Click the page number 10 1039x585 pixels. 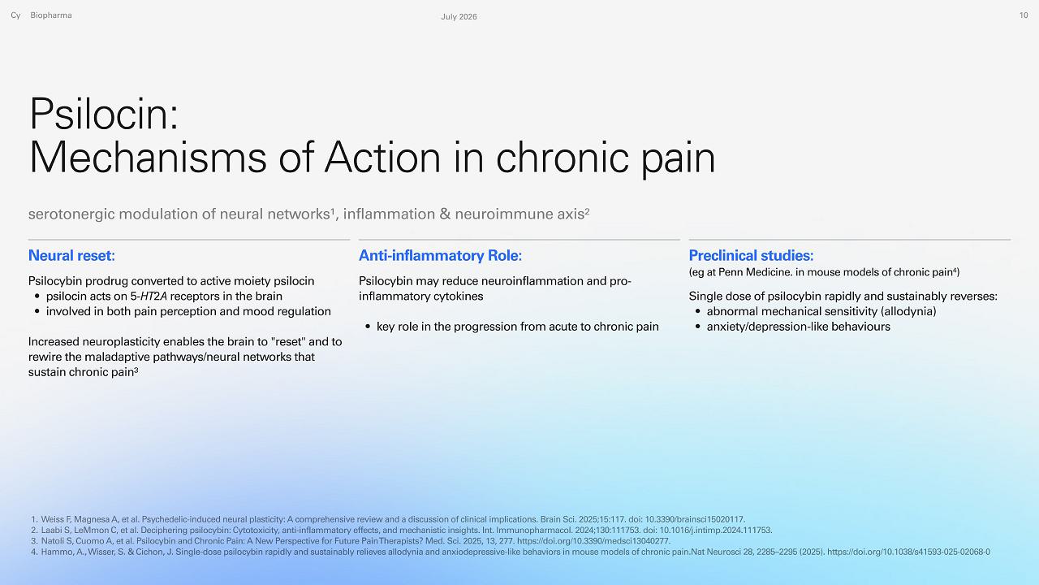[x=1024, y=15]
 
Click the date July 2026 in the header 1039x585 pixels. [x=459, y=17]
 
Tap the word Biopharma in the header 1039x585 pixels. [x=51, y=15]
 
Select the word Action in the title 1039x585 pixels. [x=382, y=158]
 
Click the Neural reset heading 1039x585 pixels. [x=71, y=255]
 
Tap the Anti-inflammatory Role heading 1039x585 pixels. [x=440, y=255]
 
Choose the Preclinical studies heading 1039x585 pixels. [x=751, y=255]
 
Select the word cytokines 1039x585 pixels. [x=455, y=297]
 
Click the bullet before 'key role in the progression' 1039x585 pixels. [x=368, y=327]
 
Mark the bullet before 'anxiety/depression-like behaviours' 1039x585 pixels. [x=697, y=327]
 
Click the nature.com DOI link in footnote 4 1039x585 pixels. [x=908, y=552]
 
